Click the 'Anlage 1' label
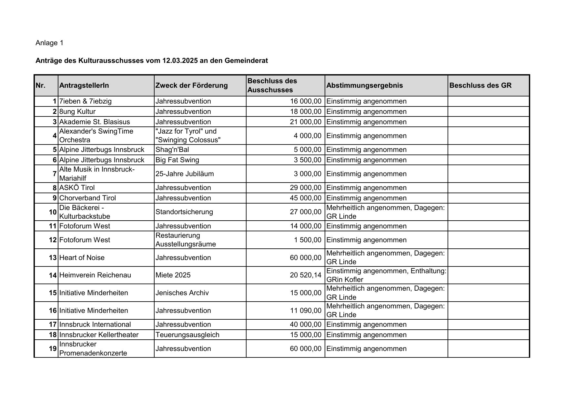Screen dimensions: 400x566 click(49, 43)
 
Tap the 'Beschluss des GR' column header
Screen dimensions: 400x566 click(480, 85)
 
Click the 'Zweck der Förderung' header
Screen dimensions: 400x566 click(191, 85)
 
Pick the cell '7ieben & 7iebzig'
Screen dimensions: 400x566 click(86, 101)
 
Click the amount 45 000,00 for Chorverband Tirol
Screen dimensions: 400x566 click(306, 198)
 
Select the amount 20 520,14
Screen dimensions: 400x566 click(306, 275)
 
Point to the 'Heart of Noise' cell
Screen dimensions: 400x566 click(82, 258)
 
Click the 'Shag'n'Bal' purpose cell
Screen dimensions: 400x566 click(172, 150)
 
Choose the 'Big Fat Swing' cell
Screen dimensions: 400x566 click(177, 160)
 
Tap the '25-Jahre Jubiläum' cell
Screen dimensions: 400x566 click(185, 174)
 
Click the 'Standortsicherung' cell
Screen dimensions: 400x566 click(184, 212)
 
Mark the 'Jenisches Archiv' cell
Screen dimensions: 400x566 click(182, 293)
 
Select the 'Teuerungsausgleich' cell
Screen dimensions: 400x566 click(187, 335)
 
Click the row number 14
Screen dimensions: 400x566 click(53, 275)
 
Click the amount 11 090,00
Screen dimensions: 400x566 click(306, 311)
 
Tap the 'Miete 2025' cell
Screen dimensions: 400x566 click(173, 275)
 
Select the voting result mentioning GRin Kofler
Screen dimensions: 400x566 click(386, 275)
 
